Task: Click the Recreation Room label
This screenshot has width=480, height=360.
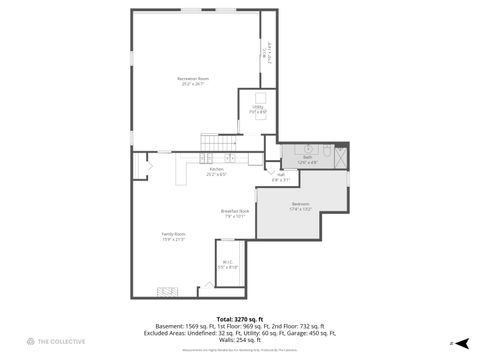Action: point(193,80)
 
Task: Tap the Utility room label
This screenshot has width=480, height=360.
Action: point(257,109)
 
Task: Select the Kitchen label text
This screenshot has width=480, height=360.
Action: point(216,171)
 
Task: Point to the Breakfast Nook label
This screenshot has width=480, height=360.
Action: point(235,212)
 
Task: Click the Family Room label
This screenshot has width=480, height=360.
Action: point(173,236)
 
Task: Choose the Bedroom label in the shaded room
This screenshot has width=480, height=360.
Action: point(300,206)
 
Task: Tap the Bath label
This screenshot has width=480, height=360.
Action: point(309,158)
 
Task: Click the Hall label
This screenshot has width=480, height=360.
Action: point(280,177)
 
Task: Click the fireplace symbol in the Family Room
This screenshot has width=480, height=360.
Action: point(167,292)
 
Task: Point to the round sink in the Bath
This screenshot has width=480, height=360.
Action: point(308,149)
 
